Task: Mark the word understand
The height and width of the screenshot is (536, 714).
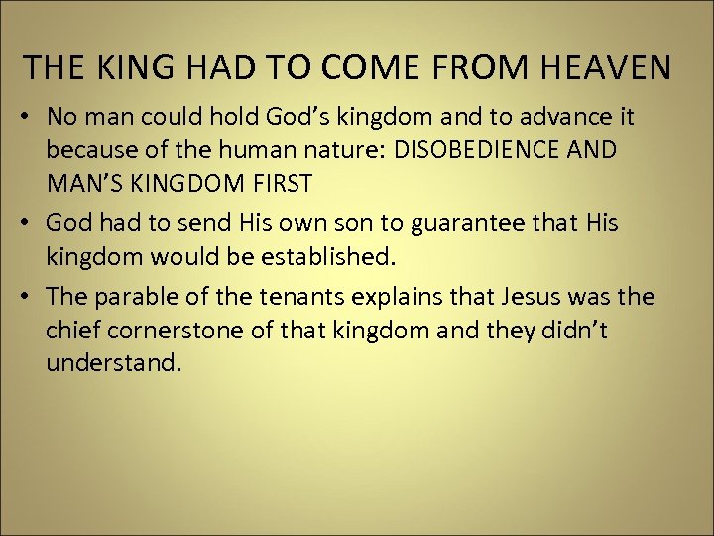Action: click(113, 363)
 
